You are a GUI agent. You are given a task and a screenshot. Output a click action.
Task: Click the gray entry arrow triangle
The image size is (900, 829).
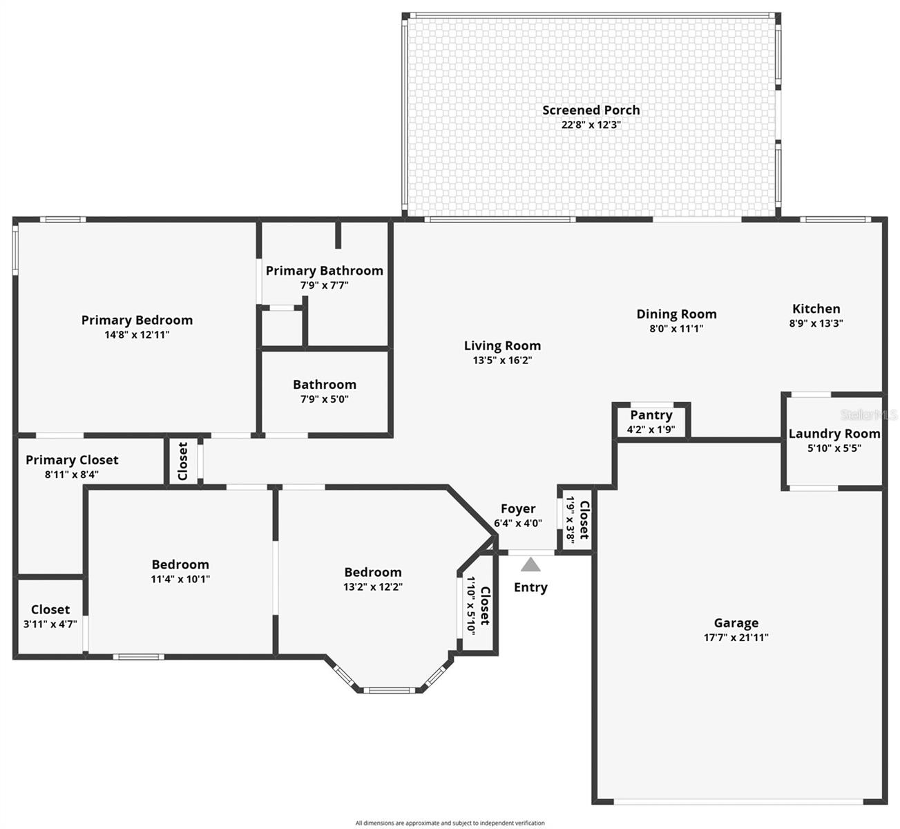(x=530, y=565)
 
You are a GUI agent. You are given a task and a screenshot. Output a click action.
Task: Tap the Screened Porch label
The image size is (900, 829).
(x=591, y=110)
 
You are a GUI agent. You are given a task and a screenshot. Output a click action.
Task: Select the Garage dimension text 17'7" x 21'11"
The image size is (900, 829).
(x=736, y=638)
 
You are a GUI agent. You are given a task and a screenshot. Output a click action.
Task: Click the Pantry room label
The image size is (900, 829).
(x=651, y=415)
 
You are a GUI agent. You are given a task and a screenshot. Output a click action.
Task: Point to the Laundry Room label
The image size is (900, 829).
(x=834, y=434)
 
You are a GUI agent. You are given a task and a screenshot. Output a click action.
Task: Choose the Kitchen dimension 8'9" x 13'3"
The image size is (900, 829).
(x=816, y=323)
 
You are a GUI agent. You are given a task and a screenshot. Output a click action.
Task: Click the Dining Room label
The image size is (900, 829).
(x=676, y=314)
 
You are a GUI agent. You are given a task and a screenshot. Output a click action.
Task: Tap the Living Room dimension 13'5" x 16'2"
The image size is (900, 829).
(x=502, y=361)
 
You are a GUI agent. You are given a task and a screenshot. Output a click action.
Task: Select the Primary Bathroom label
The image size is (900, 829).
(x=324, y=271)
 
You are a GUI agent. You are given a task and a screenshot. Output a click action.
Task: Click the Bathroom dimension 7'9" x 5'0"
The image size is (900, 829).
(x=324, y=399)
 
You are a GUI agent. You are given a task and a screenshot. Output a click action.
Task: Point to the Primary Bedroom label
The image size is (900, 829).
(x=137, y=320)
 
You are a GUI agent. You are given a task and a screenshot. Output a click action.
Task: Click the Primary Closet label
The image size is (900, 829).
(x=72, y=460)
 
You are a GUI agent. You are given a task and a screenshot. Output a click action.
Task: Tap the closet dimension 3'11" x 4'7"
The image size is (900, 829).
(x=50, y=624)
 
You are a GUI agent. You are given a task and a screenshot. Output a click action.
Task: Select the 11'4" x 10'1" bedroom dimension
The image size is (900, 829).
(x=180, y=580)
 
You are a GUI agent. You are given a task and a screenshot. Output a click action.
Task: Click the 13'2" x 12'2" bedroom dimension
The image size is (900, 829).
(x=373, y=587)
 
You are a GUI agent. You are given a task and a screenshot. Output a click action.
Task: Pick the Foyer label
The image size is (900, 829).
(x=518, y=509)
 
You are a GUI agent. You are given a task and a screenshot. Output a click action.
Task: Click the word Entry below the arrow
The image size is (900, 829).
(x=530, y=588)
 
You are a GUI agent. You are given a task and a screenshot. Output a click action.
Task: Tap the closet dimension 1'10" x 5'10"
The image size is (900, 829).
(x=472, y=605)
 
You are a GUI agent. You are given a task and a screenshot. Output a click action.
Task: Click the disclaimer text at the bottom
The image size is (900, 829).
(x=450, y=823)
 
